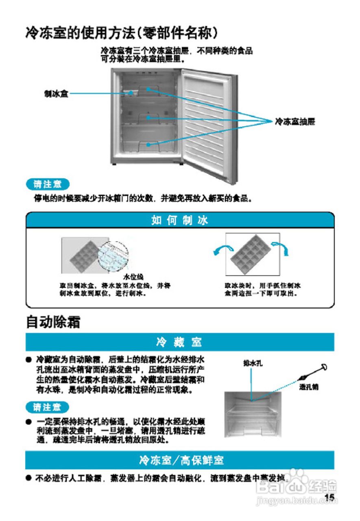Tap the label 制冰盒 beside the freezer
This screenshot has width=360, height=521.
(56, 94)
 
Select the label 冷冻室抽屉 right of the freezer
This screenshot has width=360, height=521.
(295, 121)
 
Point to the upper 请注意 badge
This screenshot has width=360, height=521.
(48, 184)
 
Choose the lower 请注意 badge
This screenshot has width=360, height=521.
(48, 407)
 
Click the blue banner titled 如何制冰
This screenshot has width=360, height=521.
(180, 220)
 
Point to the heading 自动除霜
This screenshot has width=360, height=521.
(52, 322)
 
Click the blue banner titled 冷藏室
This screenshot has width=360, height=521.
(179, 342)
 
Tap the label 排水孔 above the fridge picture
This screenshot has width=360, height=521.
(252, 363)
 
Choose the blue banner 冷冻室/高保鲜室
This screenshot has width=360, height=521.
(179, 460)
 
